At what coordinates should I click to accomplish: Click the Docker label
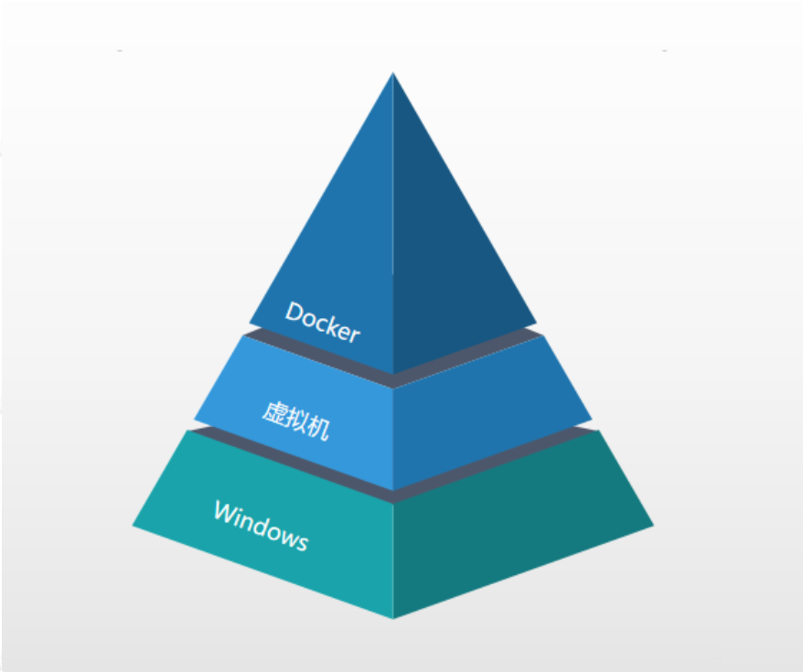[323, 321]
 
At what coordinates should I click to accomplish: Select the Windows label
[261, 525]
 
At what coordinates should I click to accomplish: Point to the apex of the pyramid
[393, 73]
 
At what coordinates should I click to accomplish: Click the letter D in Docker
[294, 312]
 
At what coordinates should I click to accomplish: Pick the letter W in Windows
[224, 512]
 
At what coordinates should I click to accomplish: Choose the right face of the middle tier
[485, 402]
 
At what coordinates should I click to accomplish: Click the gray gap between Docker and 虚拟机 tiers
[393, 380]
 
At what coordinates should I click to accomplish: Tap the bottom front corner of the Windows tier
[393, 618]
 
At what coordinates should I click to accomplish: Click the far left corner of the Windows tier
[133, 526]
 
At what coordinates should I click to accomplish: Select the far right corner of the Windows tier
[654, 526]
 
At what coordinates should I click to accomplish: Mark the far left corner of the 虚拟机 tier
[194, 421]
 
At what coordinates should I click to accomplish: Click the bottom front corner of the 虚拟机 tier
[393, 490]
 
